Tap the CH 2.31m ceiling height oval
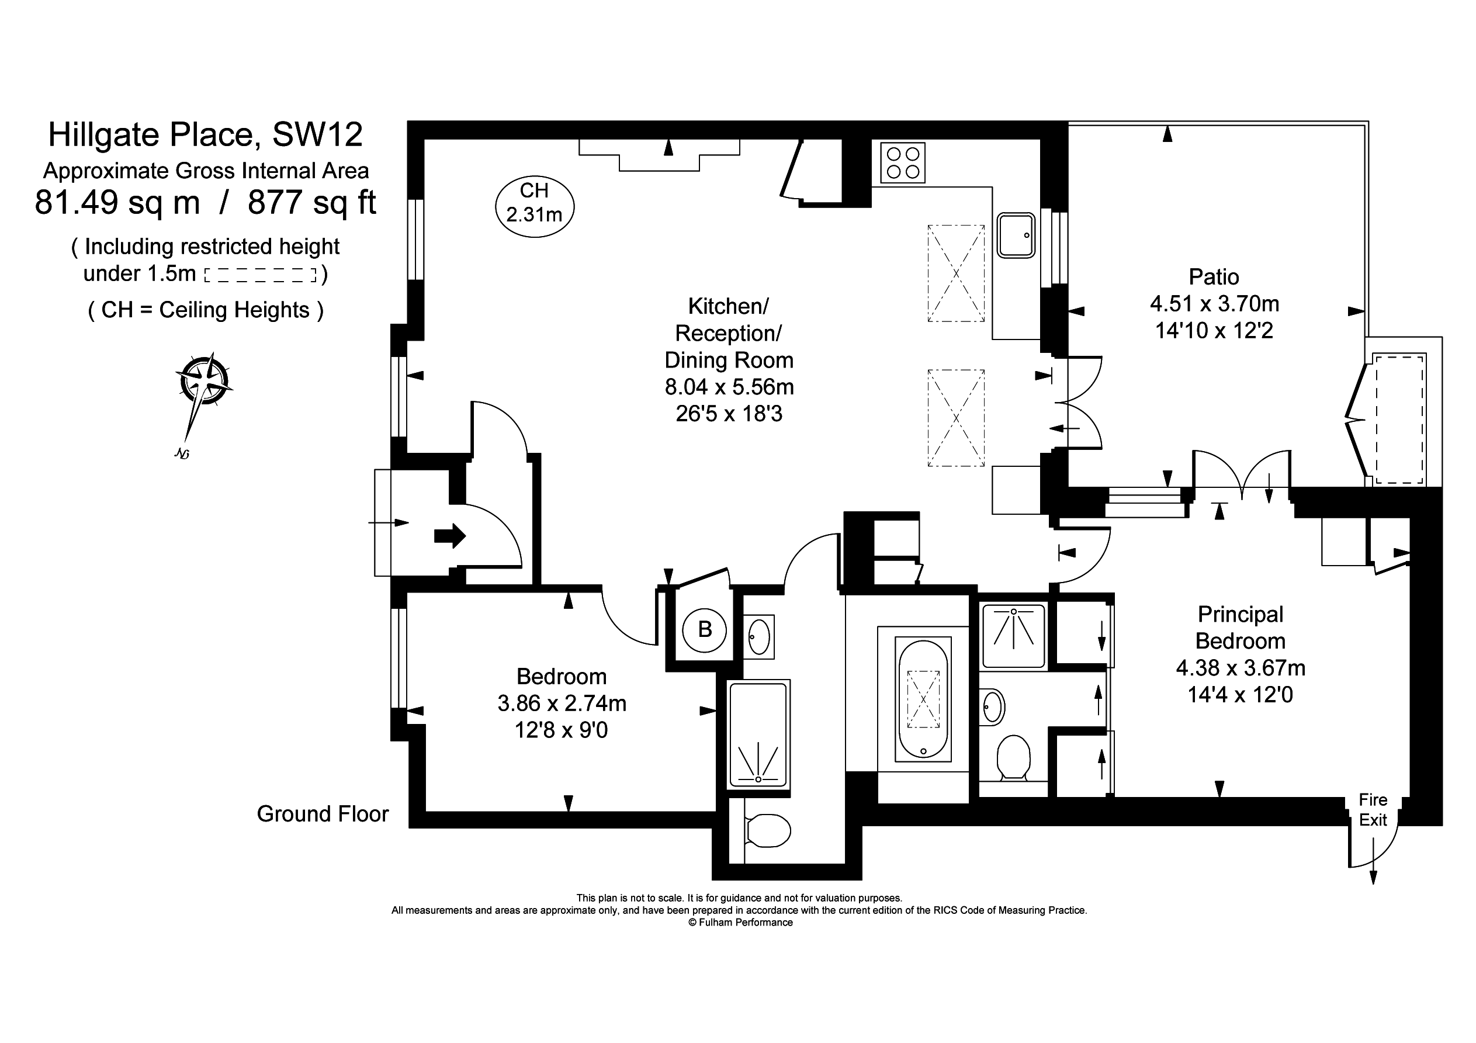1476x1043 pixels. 534,206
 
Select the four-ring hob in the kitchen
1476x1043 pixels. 903,162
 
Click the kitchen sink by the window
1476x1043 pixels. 1016,235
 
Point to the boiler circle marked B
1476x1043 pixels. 705,629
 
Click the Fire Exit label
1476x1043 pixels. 1373,810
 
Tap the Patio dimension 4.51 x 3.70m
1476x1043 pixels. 1214,303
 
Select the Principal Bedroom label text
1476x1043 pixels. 1240,628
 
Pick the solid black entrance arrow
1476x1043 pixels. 450,535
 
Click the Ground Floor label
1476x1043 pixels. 323,814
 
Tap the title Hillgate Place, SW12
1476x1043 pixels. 206,134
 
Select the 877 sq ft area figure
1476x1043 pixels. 312,203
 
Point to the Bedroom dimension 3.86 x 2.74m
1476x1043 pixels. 562,704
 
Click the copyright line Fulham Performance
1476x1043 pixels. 740,922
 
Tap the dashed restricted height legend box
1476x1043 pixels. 261,275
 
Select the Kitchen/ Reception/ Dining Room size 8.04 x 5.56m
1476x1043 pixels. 729,387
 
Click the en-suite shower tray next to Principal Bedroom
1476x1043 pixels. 1014,636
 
